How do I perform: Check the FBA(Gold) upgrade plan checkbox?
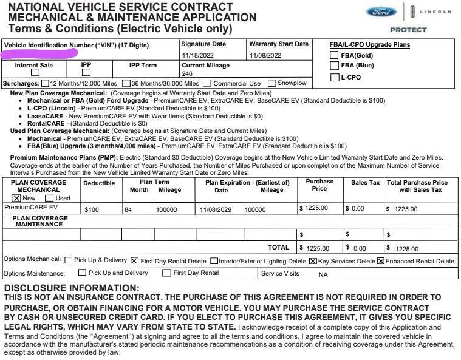tap(334, 55)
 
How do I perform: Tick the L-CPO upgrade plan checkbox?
tap(334, 77)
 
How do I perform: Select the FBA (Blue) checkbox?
tap(334, 66)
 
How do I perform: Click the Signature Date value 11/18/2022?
tap(199, 56)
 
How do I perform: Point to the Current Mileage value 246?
tap(187, 73)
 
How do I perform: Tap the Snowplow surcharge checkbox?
tap(272, 83)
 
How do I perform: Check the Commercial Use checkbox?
tap(208, 83)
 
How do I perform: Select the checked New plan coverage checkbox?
tap(16, 198)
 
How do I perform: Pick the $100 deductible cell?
tap(92, 209)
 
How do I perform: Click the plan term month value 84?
tap(128, 209)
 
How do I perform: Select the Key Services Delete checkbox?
tap(313, 261)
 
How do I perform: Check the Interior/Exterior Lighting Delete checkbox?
tap(214, 261)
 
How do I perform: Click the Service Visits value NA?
tap(323, 274)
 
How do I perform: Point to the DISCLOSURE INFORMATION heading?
tap(72, 288)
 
